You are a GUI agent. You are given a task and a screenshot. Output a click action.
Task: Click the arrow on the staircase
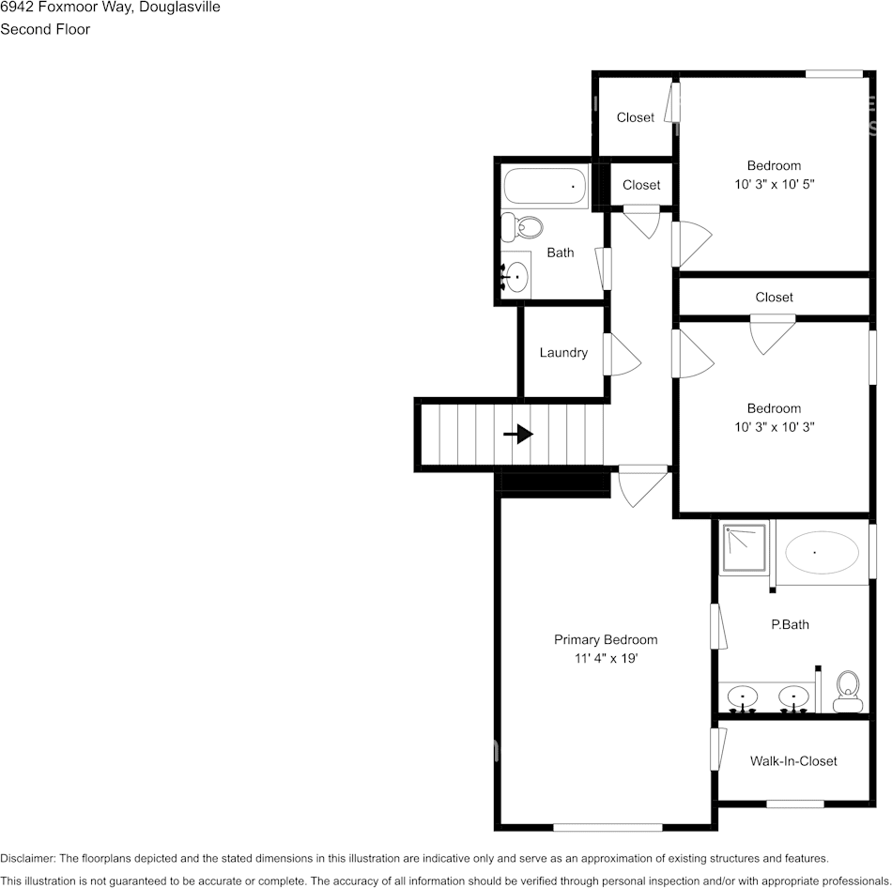click(518, 434)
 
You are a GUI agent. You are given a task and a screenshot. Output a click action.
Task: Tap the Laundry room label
click(563, 353)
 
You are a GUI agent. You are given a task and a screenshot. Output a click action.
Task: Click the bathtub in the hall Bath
click(545, 188)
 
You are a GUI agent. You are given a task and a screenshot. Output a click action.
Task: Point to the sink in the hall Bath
click(516, 278)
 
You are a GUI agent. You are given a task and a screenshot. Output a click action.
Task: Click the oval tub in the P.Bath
click(822, 554)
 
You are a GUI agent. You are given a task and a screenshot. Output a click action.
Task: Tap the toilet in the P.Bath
click(849, 693)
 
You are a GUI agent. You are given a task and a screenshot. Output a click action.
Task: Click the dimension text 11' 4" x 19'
click(606, 659)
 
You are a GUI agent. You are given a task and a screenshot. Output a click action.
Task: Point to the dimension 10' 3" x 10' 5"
click(774, 185)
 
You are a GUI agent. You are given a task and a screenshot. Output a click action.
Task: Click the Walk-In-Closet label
click(793, 761)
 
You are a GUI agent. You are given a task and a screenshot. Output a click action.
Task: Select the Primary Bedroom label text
click(606, 640)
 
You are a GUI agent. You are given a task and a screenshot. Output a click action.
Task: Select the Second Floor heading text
click(45, 29)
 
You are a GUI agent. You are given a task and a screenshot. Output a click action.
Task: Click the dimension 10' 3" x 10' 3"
click(774, 427)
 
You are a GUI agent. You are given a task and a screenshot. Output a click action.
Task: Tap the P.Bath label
click(790, 624)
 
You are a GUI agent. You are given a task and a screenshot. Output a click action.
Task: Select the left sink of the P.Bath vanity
click(744, 697)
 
